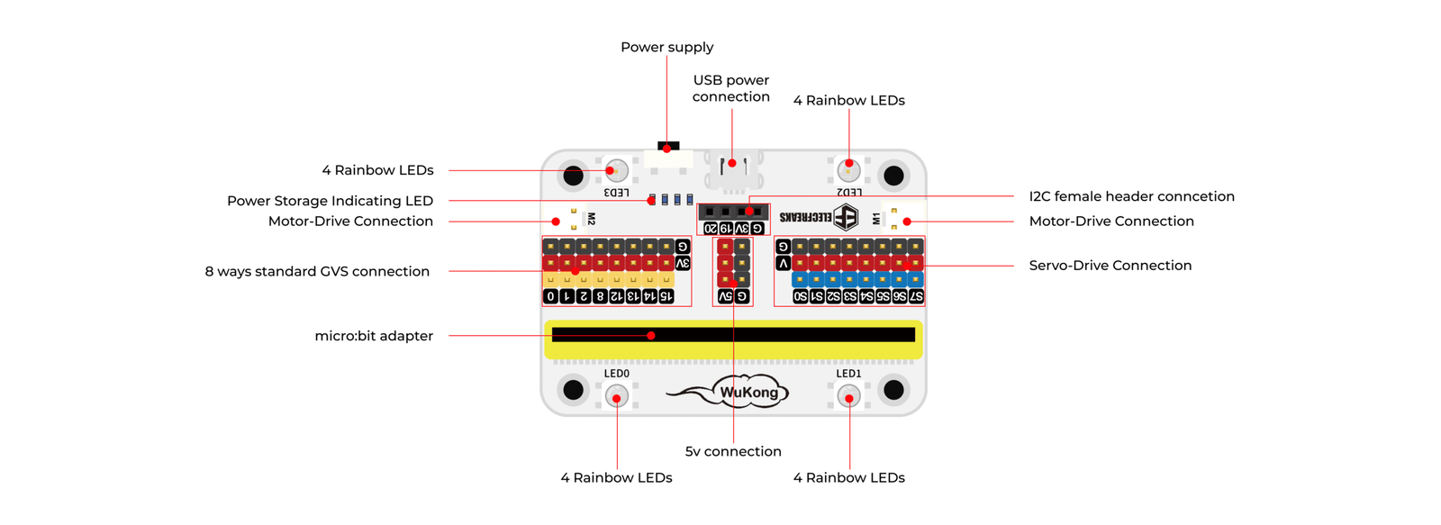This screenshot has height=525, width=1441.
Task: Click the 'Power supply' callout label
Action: tap(667, 48)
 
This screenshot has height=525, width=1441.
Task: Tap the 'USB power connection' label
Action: tap(730, 88)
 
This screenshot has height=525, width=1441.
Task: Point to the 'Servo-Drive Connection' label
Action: tap(1110, 265)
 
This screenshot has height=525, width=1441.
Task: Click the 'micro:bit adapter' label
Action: tap(374, 336)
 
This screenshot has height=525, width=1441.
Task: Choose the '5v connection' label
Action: tap(733, 452)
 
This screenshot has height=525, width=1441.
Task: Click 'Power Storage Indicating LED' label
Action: tap(330, 201)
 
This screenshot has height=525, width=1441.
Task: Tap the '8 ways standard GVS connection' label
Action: tap(317, 272)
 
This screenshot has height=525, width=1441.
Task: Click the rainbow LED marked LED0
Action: tap(616, 396)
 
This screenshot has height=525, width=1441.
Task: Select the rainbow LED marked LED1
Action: tap(848, 396)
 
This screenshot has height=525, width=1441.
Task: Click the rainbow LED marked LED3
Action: tap(616, 170)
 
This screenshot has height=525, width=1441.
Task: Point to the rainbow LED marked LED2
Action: tap(848, 170)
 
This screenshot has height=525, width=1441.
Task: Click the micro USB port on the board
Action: tap(733, 171)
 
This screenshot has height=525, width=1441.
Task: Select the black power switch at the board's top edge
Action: tap(668, 146)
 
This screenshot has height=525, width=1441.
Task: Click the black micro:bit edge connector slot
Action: tap(733, 335)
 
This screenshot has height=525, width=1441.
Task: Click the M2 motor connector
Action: tap(568, 219)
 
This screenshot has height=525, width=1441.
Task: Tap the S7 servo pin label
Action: tap(915, 296)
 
